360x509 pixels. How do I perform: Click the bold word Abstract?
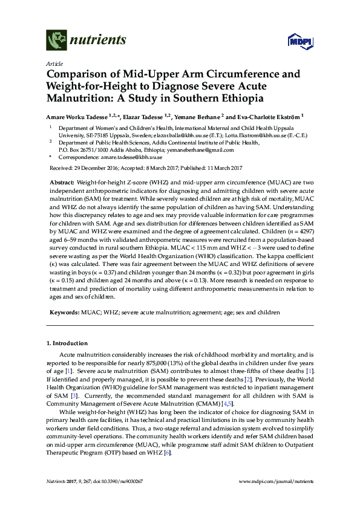(61, 182)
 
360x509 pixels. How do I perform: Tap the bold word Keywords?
(63, 313)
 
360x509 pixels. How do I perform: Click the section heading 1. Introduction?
(69, 343)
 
